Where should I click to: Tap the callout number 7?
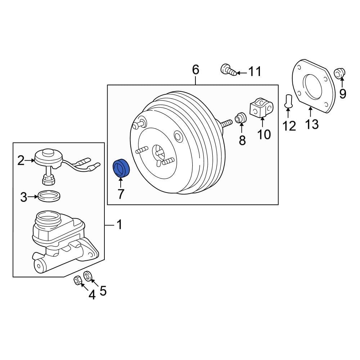(x=121, y=194)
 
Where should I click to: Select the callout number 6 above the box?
(x=195, y=70)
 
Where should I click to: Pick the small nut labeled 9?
(x=339, y=73)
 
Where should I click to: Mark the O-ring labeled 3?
(x=49, y=197)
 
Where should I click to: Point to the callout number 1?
(x=119, y=225)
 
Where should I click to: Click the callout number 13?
(x=312, y=124)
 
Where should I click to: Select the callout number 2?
(x=21, y=160)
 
